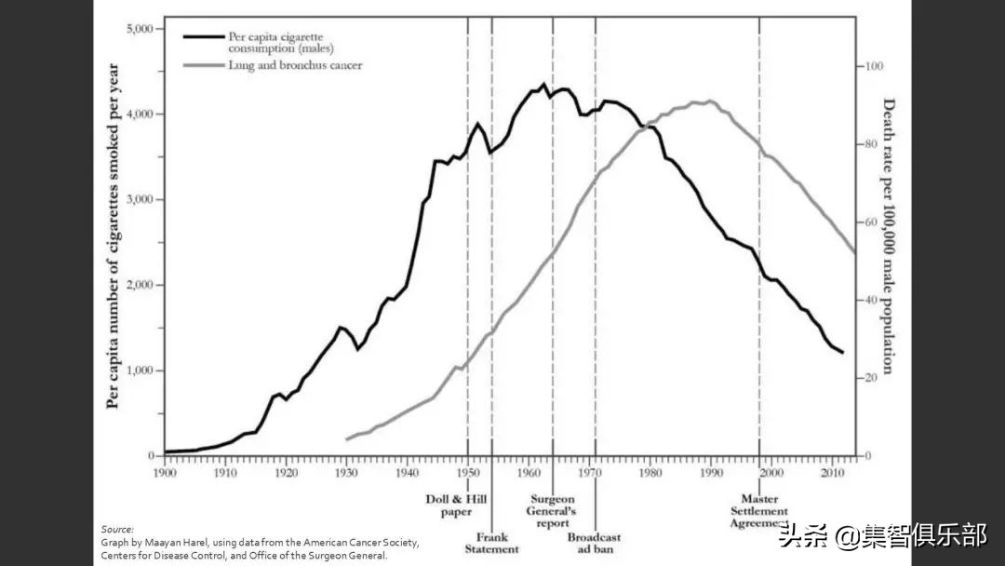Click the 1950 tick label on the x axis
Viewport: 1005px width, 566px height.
tap(467, 472)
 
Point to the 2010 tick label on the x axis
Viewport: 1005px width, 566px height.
tap(831, 472)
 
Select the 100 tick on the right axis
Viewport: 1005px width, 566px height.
tap(873, 66)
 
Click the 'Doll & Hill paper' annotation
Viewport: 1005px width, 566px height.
tap(449, 505)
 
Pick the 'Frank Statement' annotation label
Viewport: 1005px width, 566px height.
tap(491, 543)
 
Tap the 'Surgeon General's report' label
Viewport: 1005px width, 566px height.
tap(553, 510)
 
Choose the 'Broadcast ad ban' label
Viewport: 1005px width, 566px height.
tap(594, 543)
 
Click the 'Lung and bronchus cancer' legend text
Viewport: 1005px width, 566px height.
tap(295, 66)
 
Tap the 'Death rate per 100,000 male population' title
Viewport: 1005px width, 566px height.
tap(888, 236)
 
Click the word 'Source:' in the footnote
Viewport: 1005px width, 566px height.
tap(117, 529)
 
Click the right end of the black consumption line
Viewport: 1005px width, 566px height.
tap(843, 353)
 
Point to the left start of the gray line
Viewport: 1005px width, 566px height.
tap(346, 438)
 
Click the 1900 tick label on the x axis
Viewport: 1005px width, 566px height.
tap(165, 472)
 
